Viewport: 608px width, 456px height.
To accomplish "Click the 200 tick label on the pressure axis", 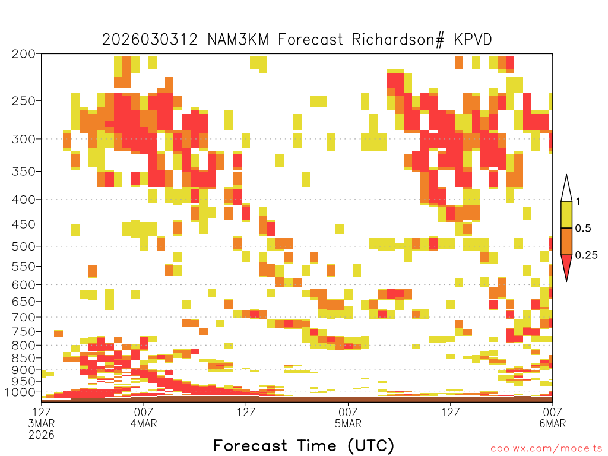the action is [24, 54].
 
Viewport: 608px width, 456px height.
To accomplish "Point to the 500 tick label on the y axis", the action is [24, 246].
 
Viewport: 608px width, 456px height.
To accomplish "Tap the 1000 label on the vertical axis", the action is [20, 392].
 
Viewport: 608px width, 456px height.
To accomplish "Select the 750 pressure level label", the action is [24, 332].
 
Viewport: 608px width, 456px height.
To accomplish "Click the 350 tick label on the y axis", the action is [24, 172].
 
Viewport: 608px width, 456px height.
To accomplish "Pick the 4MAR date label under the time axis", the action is [144, 423].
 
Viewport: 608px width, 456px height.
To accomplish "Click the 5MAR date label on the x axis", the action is [348, 423].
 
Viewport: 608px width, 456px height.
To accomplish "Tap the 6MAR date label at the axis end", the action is [553, 423].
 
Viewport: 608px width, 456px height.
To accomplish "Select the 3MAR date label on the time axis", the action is [42, 423].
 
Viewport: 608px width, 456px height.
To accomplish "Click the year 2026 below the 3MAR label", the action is [42, 435].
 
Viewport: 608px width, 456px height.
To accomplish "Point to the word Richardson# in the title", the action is [398, 40].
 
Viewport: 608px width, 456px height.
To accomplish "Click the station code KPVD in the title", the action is [473, 40].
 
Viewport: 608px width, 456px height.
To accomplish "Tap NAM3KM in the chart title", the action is [237, 40].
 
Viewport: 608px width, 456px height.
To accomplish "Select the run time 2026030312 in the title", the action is [150, 40].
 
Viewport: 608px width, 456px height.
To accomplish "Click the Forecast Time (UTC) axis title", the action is [303, 445].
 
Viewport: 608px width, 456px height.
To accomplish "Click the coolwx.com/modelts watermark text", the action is [547, 449].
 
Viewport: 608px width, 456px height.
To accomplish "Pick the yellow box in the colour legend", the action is [566, 214].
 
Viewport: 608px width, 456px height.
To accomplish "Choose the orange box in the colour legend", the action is [566, 241].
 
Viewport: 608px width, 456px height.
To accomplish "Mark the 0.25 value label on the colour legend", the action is [586, 255].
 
